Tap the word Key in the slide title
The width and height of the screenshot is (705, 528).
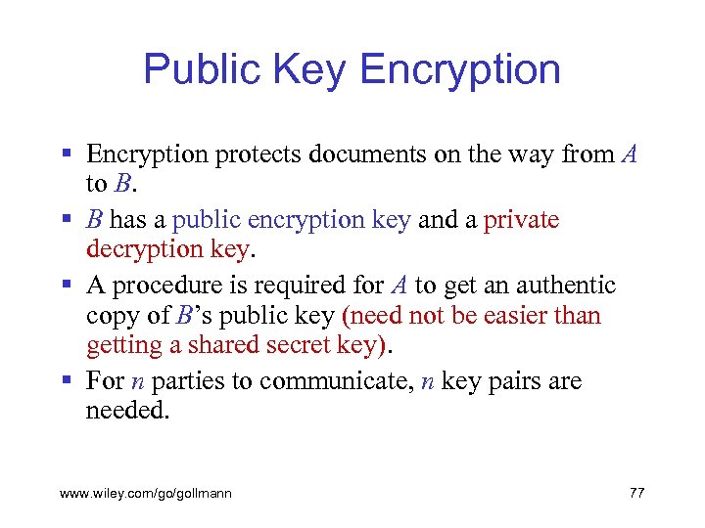tap(306, 69)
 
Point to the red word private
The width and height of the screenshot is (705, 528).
tap(522, 219)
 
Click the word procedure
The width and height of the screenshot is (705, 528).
tap(164, 285)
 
